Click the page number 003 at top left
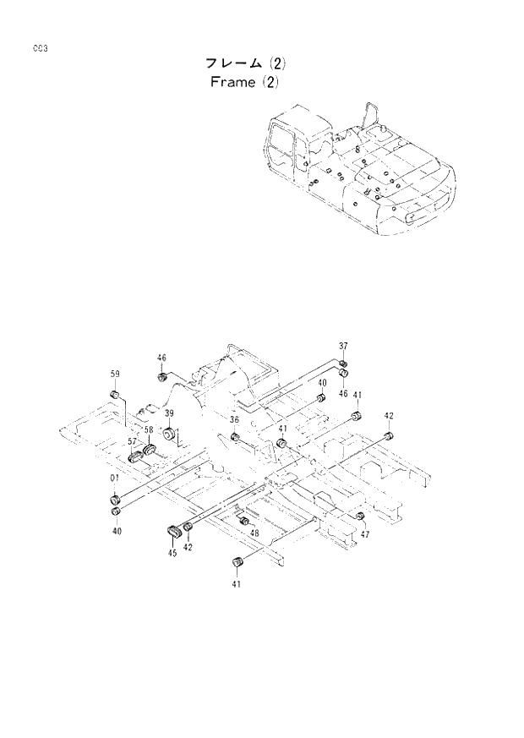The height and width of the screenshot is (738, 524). coord(40,48)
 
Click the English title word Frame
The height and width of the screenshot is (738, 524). coord(229,83)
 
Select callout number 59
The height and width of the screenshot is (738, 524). coord(115,374)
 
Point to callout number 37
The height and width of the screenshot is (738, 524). coord(344,347)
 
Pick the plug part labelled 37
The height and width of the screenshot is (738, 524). coord(343,364)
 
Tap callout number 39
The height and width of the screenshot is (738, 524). coord(169,413)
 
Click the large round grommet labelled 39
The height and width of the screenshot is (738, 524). coord(169,434)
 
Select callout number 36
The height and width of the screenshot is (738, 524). coord(234,420)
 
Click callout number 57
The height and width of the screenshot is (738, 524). coord(133,441)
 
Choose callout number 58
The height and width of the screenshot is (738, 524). coord(148,429)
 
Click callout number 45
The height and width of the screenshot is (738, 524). coord(172,553)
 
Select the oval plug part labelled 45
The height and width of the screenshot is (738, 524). coord(175,531)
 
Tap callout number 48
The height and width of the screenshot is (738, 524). coord(254,533)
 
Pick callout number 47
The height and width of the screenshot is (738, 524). coord(364,534)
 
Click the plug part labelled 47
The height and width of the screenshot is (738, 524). coord(360,516)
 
